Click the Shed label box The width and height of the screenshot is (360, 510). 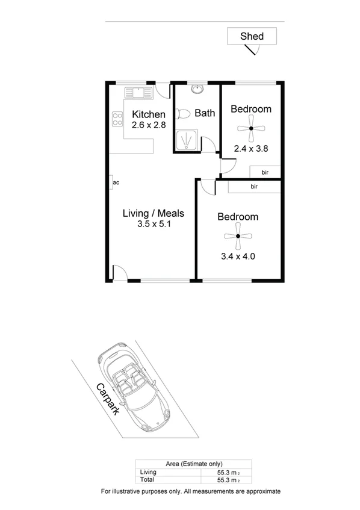[x=252, y=36]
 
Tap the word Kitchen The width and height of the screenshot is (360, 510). [x=149, y=115]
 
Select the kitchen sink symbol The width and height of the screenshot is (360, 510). [x=138, y=92]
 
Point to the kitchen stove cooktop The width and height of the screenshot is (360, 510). [x=116, y=119]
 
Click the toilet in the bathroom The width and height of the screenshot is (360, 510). [x=184, y=113]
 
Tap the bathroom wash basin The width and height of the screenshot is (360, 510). [x=197, y=90]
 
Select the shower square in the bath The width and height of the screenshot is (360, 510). [x=187, y=140]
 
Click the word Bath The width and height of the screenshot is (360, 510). [x=205, y=113]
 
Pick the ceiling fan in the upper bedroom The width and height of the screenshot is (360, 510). [x=250, y=128]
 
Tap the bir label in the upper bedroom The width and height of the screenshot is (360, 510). [x=264, y=172]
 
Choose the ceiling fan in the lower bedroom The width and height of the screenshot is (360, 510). [x=238, y=237]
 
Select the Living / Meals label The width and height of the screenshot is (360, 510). [x=153, y=213]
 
